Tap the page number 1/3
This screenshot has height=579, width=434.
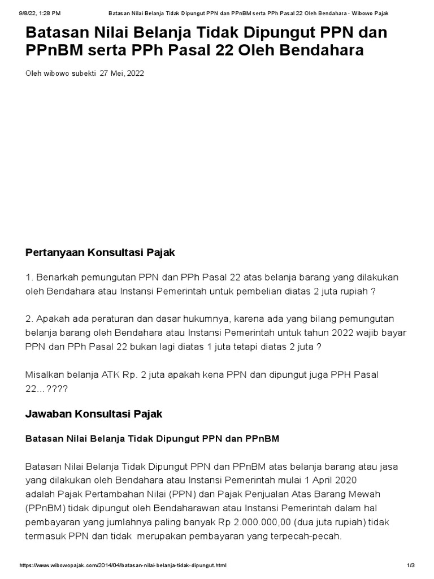[411, 565]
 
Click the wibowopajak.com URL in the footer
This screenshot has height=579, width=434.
[123, 565]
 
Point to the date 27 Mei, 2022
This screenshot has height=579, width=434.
[121, 73]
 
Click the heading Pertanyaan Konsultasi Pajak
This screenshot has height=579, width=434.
[101, 253]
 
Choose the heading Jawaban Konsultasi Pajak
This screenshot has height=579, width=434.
[94, 414]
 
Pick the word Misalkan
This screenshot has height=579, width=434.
[45, 374]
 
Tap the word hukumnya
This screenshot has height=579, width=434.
[192, 319]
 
